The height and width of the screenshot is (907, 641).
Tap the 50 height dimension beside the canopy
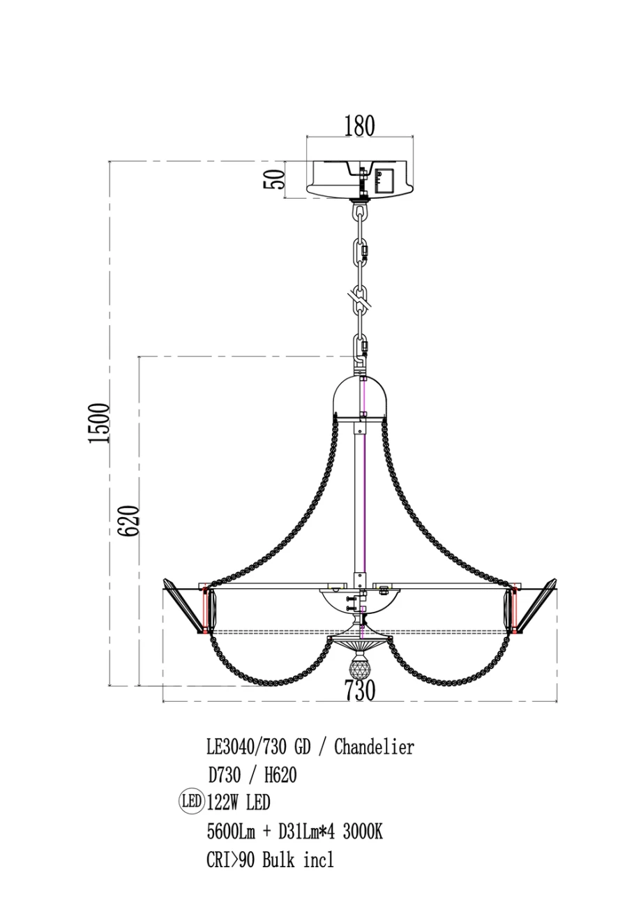pos(274,179)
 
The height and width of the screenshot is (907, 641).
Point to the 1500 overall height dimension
pos(99,423)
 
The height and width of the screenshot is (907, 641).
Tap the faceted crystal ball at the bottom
pos(359,664)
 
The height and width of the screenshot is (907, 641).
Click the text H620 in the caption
pos(280,775)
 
